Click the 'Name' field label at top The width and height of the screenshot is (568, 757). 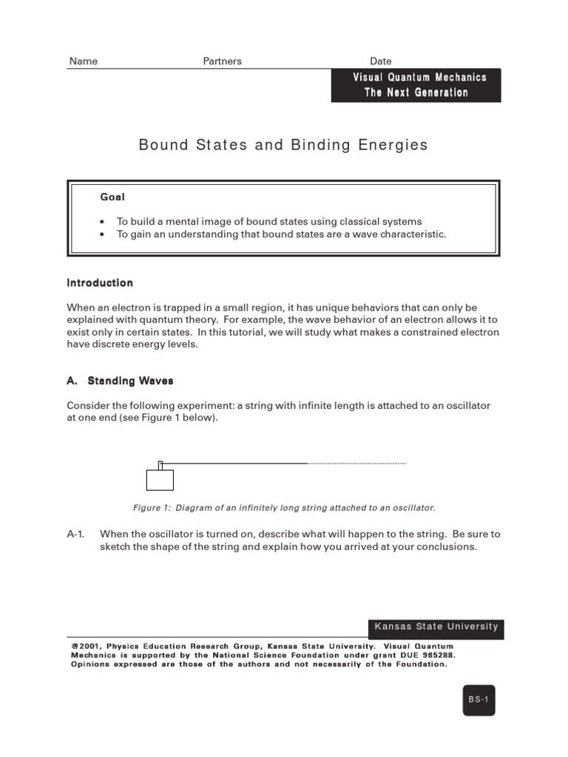tap(84, 61)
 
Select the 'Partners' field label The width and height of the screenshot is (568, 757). tap(222, 61)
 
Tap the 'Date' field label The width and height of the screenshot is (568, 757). tap(381, 61)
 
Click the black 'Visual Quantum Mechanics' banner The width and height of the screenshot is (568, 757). tap(416, 85)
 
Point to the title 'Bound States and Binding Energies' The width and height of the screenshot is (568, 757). tap(283, 145)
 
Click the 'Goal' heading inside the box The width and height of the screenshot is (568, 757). tap(112, 197)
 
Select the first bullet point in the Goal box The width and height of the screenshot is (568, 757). tap(269, 221)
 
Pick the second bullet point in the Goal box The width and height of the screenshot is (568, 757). tap(281, 234)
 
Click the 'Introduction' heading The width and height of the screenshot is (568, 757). tap(100, 282)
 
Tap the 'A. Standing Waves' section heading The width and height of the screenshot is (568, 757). tap(120, 381)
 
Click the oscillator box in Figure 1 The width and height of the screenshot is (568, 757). tap(160, 480)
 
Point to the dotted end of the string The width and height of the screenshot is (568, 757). tap(357, 464)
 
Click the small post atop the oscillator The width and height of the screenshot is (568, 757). tap(160, 465)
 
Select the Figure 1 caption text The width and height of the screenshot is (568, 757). tap(284, 508)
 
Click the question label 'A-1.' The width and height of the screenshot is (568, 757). tap(76, 534)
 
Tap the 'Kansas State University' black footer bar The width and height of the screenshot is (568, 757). tap(436, 627)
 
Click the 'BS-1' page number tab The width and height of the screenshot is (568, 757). tap(479, 699)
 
